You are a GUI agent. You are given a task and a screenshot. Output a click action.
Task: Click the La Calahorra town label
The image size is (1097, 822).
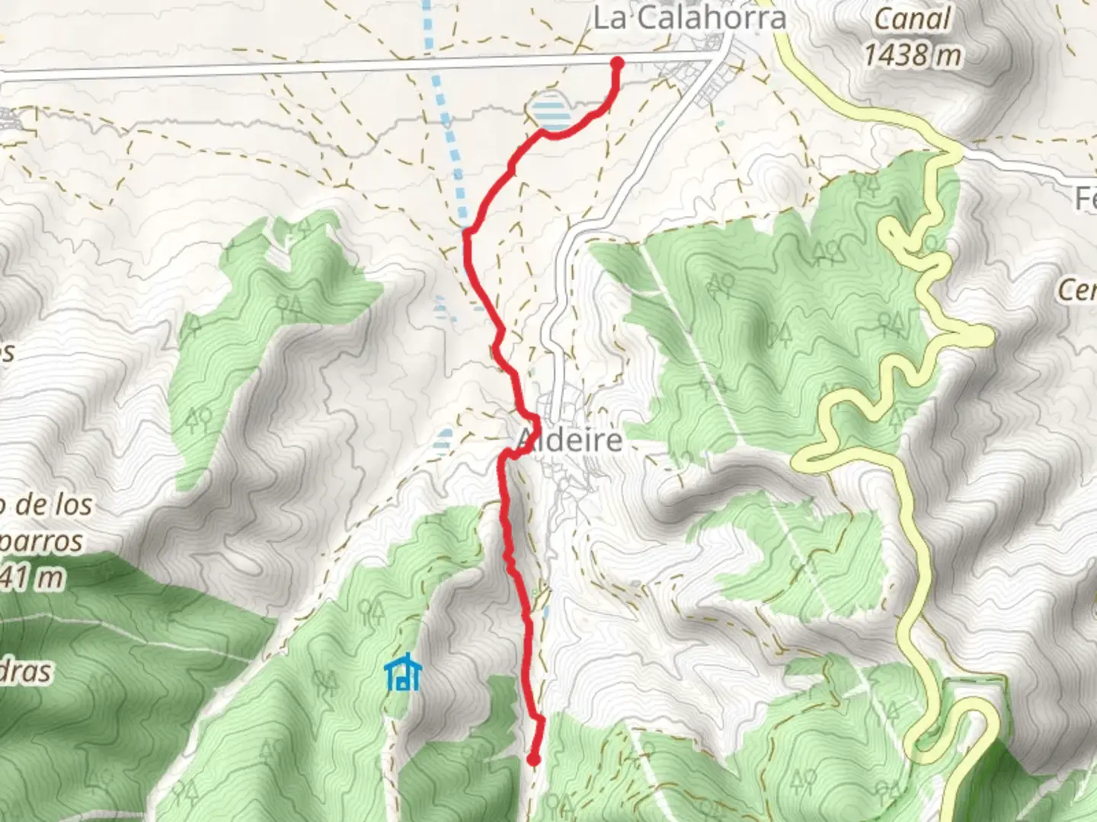point(689,18)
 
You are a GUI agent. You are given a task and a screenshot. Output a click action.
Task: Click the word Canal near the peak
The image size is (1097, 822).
point(913,19)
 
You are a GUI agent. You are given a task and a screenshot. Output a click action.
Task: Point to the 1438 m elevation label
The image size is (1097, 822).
point(913,55)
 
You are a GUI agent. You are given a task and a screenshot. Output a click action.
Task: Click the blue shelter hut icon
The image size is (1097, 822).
point(402,673)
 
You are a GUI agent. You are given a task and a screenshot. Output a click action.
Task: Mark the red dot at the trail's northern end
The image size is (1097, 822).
point(616,63)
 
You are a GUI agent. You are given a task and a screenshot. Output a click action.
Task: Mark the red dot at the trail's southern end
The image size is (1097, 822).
point(533,759)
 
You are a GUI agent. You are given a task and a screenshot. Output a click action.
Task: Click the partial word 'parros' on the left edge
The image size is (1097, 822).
point(42,541)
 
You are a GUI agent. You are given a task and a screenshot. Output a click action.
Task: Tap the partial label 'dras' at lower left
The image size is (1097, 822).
point(27,672)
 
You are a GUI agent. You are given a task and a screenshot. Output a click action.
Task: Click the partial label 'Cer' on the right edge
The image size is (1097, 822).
point(1077,289)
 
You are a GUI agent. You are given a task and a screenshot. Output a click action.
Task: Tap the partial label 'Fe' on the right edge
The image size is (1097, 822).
point(1085,199)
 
